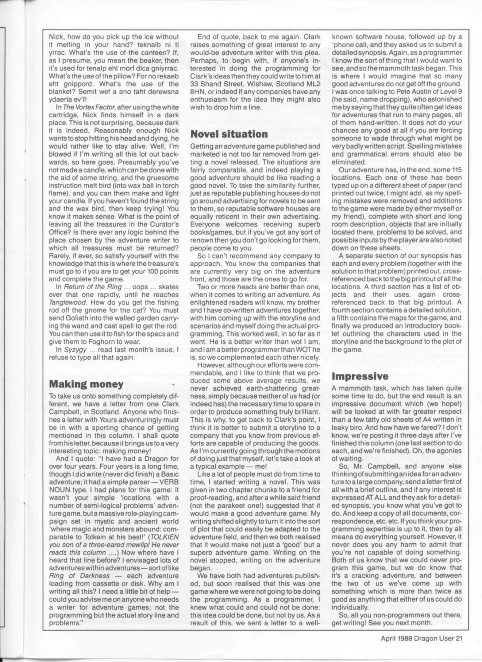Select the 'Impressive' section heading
point(360,376)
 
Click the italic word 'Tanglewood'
point(65,302)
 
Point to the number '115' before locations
point(456,170)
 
